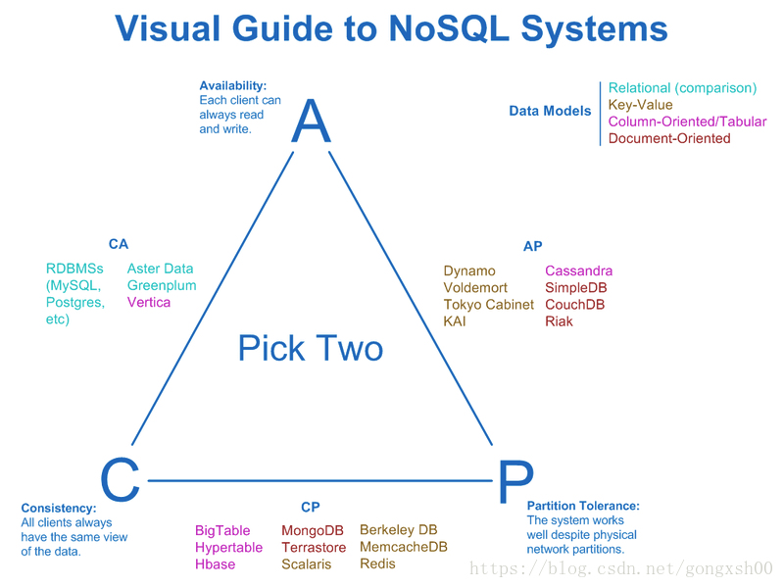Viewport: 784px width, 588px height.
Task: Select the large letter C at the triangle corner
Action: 120,479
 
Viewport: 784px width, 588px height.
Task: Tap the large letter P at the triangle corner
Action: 516,481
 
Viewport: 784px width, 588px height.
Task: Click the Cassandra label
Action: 578,270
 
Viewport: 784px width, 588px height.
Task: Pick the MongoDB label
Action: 313,530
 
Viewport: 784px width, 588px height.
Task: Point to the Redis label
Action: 377,563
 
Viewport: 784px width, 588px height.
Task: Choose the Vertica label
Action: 149,302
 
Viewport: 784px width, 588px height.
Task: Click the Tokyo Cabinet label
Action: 488,305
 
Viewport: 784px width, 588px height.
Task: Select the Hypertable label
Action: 228,548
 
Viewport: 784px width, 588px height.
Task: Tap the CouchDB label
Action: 575,305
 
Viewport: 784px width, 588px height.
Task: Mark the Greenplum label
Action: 162,285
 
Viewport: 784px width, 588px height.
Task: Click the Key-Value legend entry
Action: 641,105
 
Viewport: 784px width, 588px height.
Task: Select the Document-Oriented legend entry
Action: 669,138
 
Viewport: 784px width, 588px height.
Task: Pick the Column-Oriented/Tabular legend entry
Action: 688,122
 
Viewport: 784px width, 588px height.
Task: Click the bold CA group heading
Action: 119,244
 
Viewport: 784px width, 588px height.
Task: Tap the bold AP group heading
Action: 532,246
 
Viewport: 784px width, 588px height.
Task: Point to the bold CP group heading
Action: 311,507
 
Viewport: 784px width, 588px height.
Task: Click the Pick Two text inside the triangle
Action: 311,348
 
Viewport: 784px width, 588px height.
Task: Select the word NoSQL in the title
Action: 449,28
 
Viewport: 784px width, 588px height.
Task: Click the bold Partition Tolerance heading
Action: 583,506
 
